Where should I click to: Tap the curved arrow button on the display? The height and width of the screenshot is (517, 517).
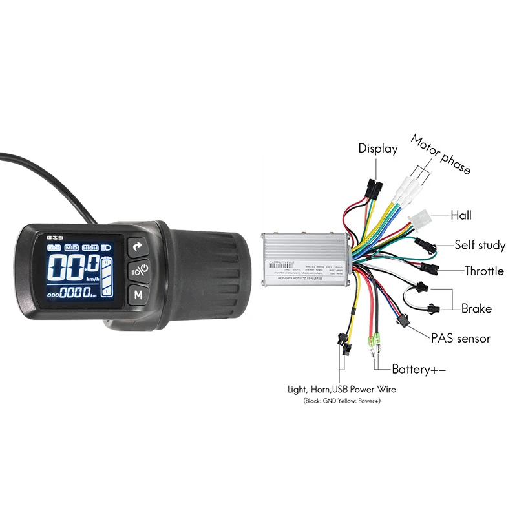[x=137, y=246]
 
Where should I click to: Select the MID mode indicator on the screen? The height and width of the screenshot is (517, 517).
[x=71, y=248]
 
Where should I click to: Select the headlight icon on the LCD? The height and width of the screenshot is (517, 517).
[x=106, y=248]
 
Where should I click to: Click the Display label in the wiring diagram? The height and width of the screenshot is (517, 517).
[x=378, y=149]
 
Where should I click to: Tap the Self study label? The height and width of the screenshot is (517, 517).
[x=480, y=245]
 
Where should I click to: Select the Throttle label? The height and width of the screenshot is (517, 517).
[x=484, y=271]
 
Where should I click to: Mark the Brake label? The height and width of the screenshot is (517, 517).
[x=476, y=308]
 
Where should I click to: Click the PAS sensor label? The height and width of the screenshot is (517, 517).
[x=461, y=338]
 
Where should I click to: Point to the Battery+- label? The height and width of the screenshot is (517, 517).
[x=419, y=369]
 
